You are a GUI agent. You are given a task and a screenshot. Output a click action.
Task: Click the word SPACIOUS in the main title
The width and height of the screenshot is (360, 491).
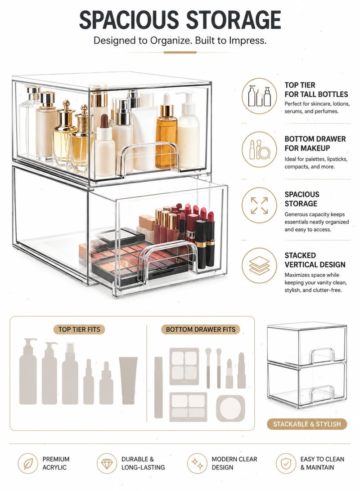point(128,20)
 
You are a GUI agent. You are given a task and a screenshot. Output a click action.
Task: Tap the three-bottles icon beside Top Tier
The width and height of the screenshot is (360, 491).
point(259,96)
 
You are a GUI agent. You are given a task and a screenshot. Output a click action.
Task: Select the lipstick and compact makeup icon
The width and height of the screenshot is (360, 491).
point(259,149)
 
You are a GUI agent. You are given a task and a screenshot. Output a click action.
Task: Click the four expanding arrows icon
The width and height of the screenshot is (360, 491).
point(259,205)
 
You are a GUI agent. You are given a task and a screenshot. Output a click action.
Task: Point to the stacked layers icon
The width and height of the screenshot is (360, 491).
point(259,266)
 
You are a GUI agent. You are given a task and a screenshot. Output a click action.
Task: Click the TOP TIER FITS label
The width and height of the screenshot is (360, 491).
point(79,330)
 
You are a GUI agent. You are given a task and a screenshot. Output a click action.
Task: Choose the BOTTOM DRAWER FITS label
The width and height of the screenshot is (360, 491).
point(201,330)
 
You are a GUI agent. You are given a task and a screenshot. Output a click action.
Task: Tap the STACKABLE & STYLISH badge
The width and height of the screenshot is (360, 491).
point(307,424)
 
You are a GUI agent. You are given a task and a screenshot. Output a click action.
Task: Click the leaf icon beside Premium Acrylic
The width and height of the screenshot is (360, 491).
point(28,464)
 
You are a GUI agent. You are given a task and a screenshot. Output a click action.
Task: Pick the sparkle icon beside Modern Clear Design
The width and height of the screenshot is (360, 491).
point(198,464)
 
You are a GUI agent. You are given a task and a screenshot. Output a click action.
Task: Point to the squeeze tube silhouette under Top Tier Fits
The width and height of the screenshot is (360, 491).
point(128,380)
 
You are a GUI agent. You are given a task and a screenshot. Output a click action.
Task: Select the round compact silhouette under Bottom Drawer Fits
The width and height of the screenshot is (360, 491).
point(230,408)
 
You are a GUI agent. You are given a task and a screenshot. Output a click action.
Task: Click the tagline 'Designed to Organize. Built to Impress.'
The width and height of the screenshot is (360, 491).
point(180,41)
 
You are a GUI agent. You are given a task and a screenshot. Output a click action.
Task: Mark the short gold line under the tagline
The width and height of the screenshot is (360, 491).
point(180,52)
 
